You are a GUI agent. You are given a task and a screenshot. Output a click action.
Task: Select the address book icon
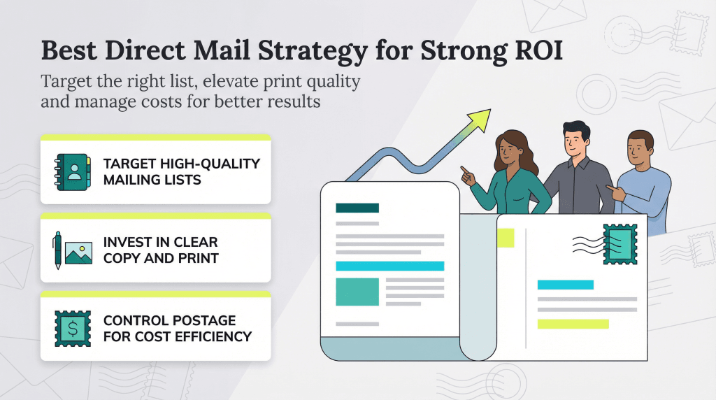[72, 172]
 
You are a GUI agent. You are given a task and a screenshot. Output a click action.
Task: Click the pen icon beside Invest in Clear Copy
[57, 250]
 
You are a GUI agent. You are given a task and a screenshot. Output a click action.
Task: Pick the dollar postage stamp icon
[73, 329]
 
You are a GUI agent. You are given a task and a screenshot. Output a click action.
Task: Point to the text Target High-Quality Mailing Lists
[181, 172]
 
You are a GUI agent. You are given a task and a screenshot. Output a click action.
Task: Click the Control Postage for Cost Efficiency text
[177, 329]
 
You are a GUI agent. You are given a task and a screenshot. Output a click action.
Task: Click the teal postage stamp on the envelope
[620, 244]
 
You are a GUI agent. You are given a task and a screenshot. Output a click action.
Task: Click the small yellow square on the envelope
[505, 237]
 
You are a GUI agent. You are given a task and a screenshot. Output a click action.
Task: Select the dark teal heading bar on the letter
[357, 208]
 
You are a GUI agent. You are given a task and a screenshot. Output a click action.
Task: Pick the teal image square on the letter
[357, 291]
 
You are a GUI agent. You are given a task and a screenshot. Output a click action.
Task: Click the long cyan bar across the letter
[390, 266]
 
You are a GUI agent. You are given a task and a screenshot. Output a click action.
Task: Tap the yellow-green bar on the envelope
[573, 324]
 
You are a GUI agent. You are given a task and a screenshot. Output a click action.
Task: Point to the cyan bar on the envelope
[565, 285]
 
